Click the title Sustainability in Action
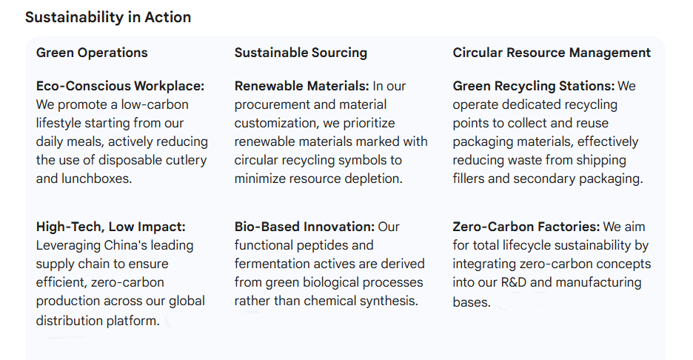pos(108,17)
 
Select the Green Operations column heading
pos(92,53)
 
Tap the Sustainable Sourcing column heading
pos(301,53)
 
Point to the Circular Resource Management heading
pos(552,53)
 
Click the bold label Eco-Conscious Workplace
pos(120,86)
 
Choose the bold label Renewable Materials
pos(301,86)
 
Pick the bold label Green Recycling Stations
pos(533,86)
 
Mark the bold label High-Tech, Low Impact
pos(111,227)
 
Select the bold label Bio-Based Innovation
pos(304,227)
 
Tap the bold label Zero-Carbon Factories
pos(526,227)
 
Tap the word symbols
pos(367,160)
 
